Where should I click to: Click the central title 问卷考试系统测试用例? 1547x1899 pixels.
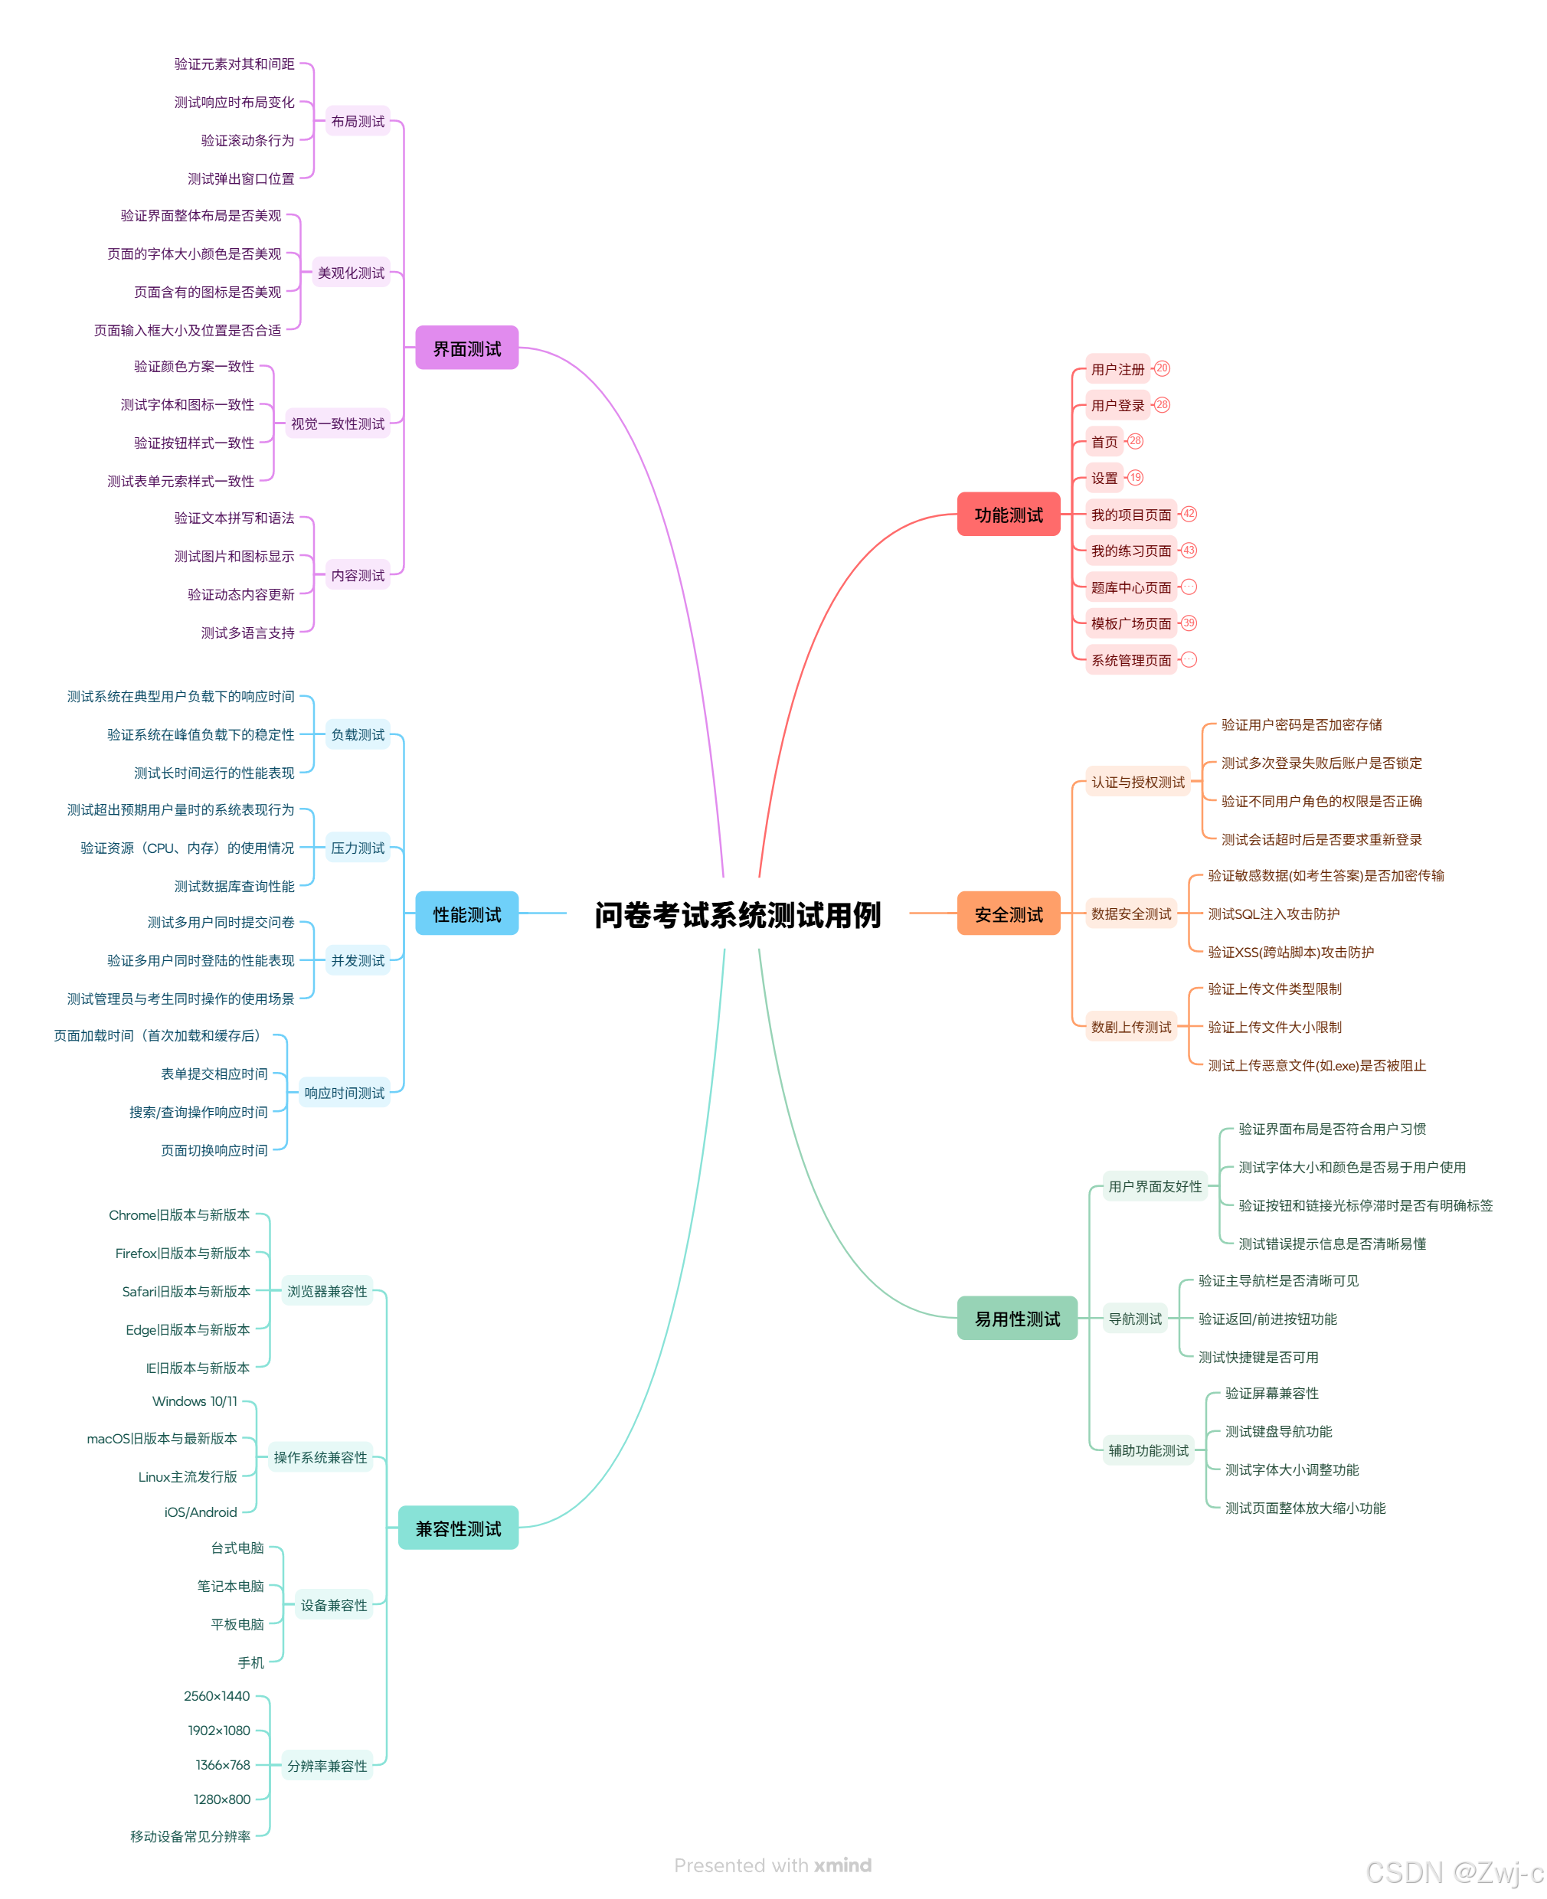coord(737,914)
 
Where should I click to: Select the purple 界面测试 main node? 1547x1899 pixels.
coord(466,348)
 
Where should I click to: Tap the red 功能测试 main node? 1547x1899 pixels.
coord(1008,514)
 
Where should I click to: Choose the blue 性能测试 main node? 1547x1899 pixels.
coord(466,914)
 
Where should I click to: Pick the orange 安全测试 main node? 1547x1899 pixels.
coord(1008,914)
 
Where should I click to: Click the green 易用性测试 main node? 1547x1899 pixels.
coord(1017,1319)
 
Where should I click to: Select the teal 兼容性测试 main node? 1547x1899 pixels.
coord(458,1528)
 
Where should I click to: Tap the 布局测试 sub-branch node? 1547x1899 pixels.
coord(358,121)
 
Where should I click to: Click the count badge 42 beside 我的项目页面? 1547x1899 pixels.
coord(1189,514)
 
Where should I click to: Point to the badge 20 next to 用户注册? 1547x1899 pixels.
coord(1162,368)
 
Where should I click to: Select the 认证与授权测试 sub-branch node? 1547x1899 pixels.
coord(1138,783)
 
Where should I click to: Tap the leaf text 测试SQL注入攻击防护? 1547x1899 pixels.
coord(1274,914)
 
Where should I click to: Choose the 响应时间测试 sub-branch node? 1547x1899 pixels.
coord(344,1093)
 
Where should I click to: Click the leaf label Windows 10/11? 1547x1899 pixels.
coord(195,1401)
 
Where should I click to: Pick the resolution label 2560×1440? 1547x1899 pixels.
coord(217,1696)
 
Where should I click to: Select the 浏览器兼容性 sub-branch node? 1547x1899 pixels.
coord(326,1291)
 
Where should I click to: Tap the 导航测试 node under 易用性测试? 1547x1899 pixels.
coord(1134,1319)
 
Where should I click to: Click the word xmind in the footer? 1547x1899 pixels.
coord(842,1865)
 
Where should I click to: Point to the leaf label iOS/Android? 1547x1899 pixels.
coord(201,1512)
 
